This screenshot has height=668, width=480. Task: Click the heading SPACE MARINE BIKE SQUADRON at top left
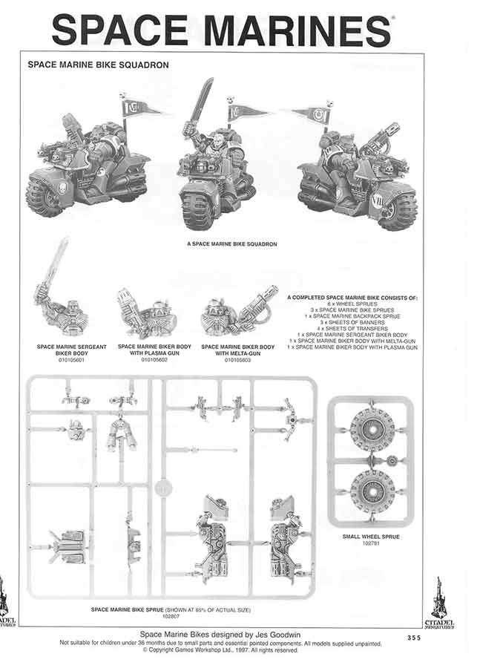[x=98, y=65]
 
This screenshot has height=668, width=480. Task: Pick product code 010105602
[x=154, y=358]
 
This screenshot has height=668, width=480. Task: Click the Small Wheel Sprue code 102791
[x=371, y=543]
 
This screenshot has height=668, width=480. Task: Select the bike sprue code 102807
[x=171, y=616]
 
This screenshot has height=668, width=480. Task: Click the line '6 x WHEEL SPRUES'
[x=352, y=304]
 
